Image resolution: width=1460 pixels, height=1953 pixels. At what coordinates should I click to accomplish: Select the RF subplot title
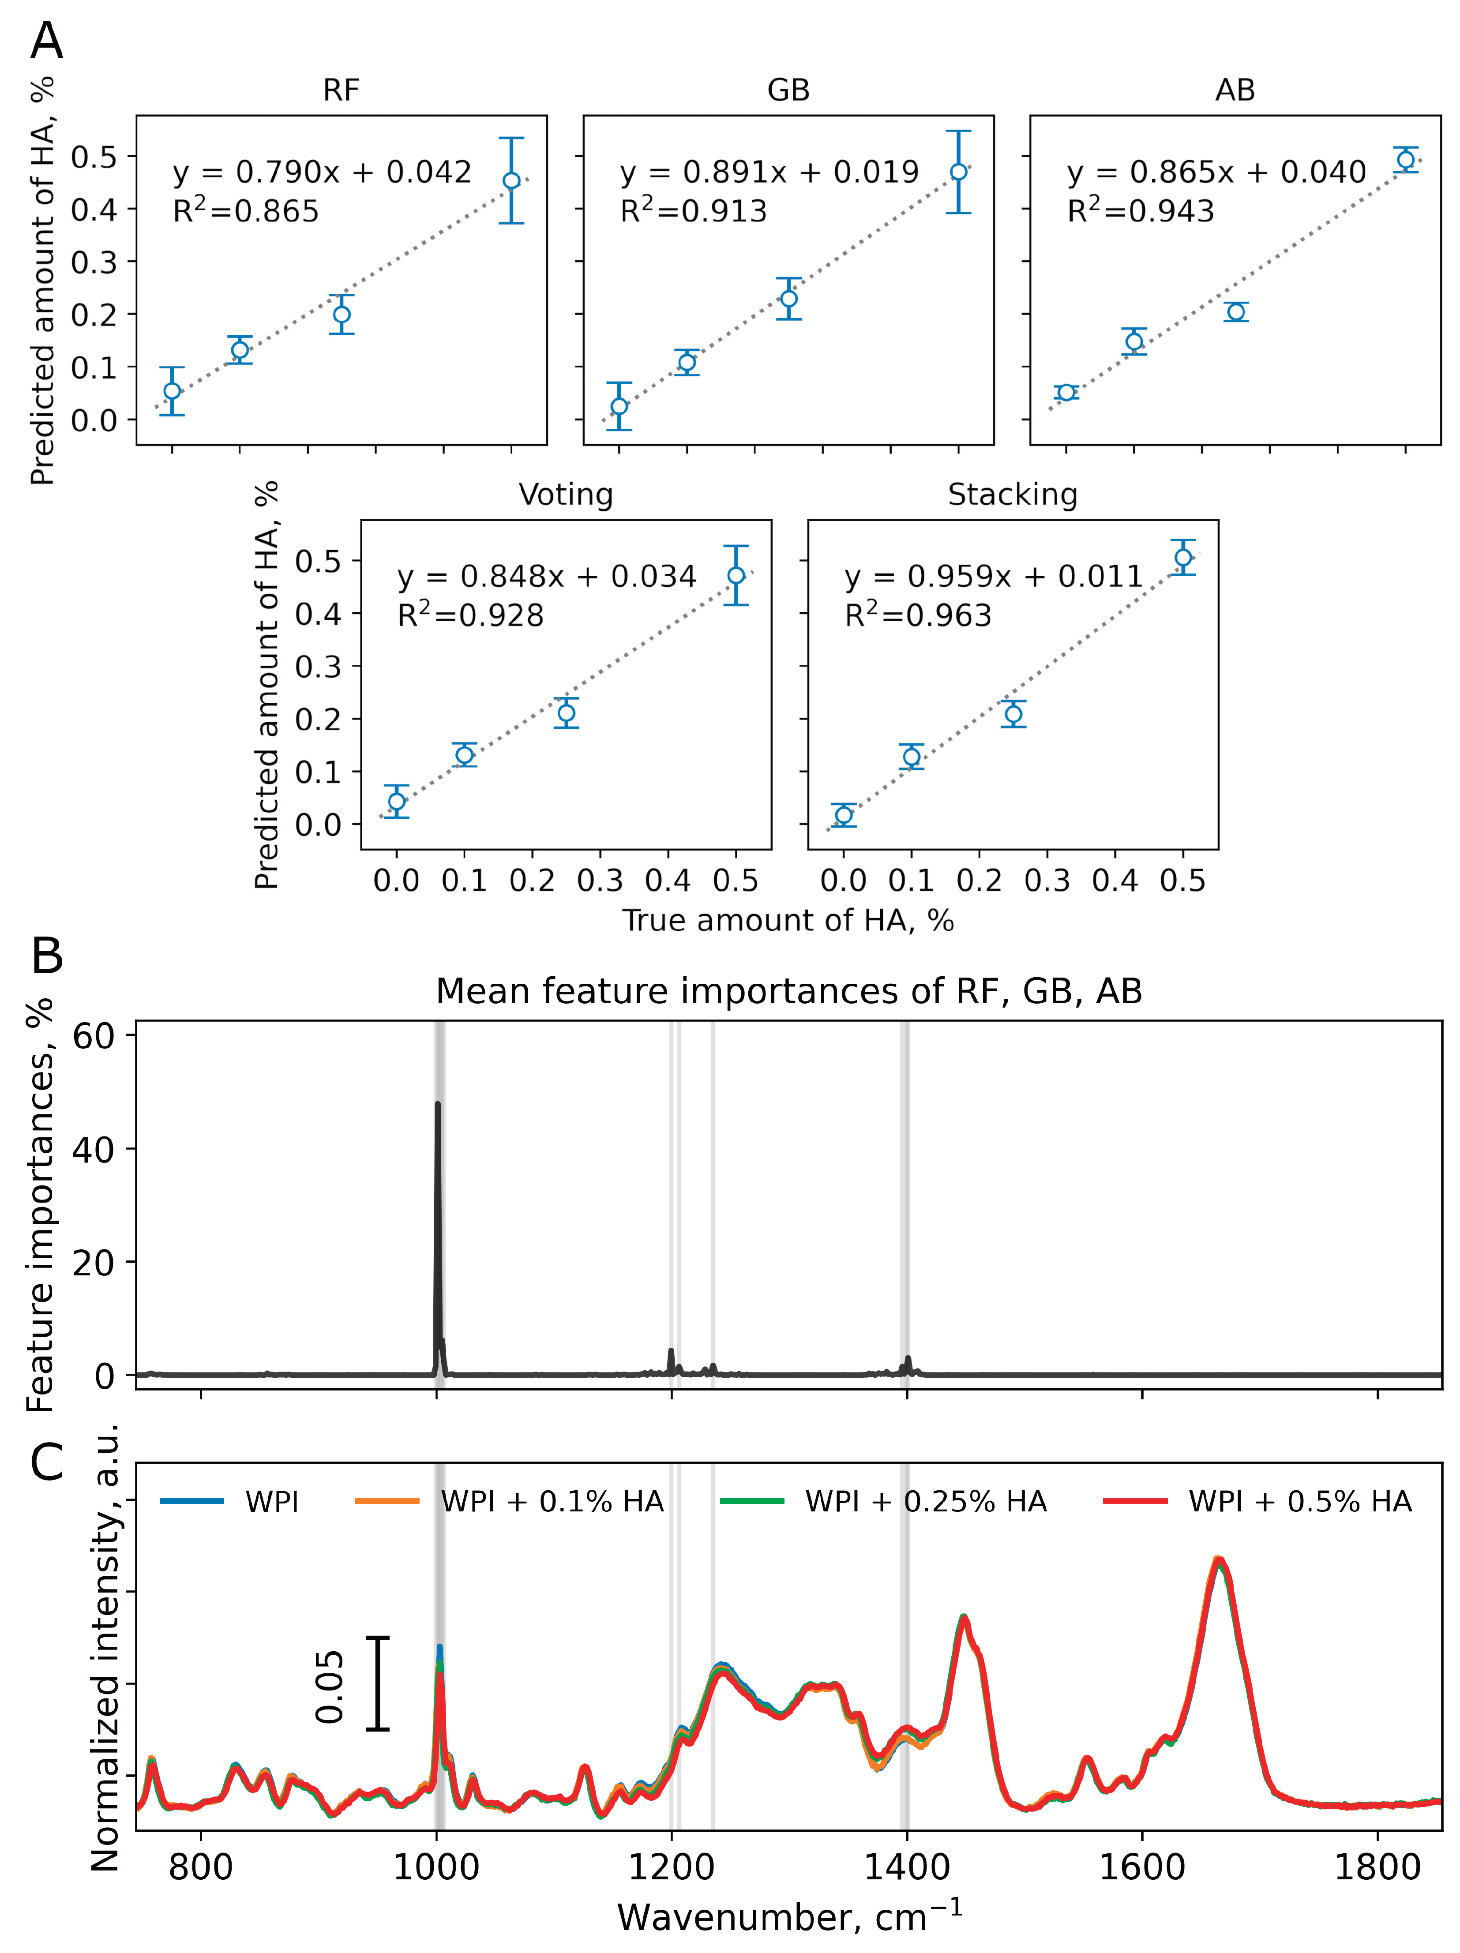[x=341, y=90]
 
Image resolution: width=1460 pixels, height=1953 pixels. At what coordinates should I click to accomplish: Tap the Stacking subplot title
[x=1012, y=495]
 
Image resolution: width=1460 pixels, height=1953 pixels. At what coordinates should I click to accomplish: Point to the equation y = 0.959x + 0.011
[x=994, y=577]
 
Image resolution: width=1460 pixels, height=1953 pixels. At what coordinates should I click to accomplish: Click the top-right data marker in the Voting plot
[x=736, y=575]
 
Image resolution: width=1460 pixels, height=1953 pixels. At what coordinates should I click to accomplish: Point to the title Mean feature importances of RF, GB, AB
[x=789, y=992]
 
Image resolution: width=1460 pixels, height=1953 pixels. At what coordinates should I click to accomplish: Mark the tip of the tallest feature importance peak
[x=437, y=1104]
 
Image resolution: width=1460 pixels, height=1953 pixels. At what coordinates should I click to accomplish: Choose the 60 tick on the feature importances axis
[x=93, y=1036]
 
